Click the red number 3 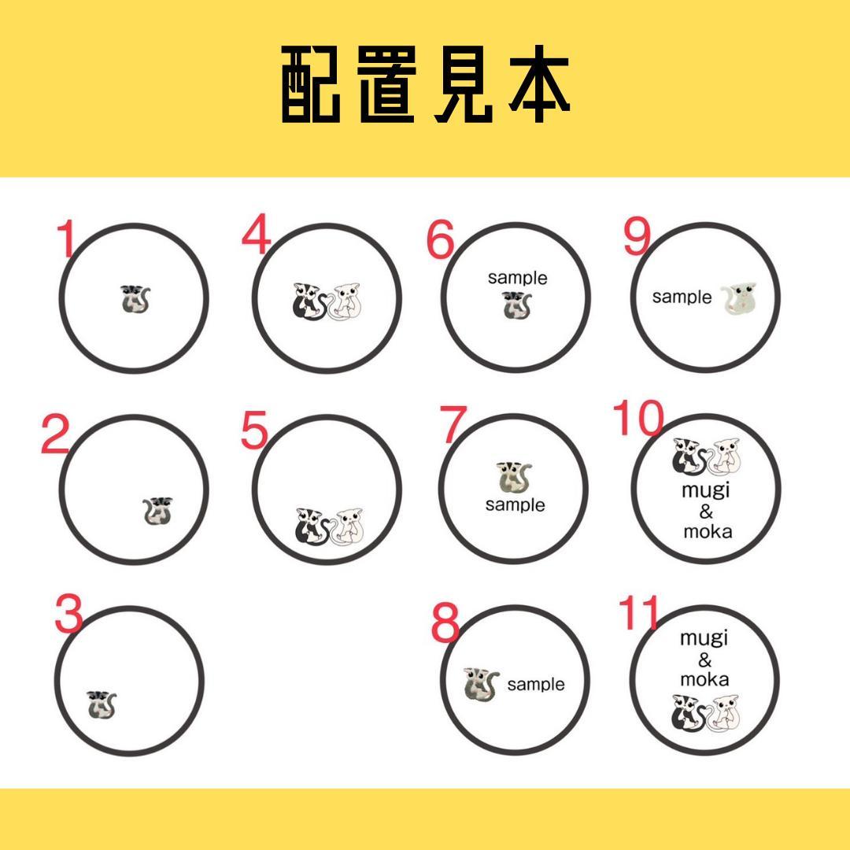[69, 615]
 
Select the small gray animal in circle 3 [101, 704]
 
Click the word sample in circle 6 [517, 278]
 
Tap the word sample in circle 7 [515, 504]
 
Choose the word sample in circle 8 [536, 685]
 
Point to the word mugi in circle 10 [707, 490]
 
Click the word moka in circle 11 [705, 678]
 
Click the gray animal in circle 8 [480, 684]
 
